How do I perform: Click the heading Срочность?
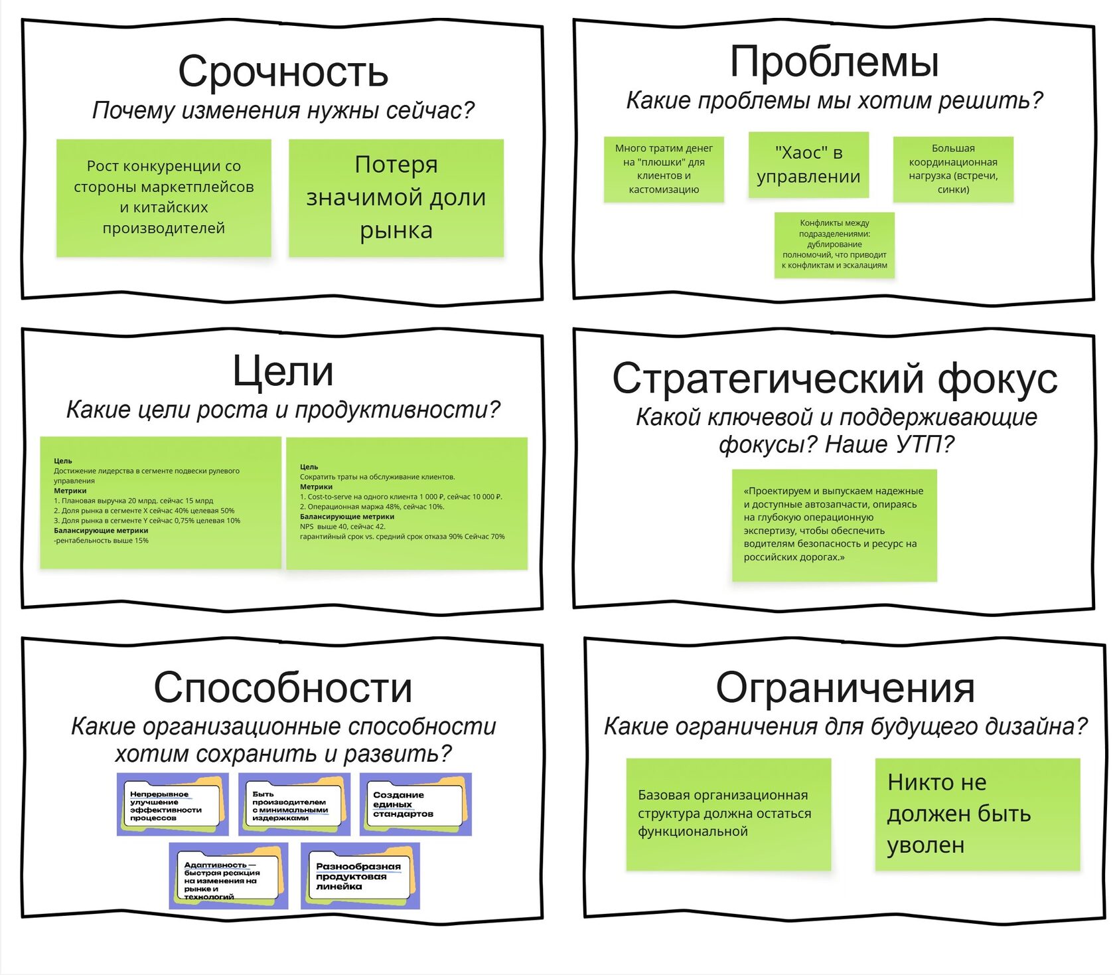coord(283,72)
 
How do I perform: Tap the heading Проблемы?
coord(834,62)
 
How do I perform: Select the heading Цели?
coord(283,371)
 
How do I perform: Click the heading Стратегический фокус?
coord(834,379)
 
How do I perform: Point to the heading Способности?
coord(283,687)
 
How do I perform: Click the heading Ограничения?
coord(845,687)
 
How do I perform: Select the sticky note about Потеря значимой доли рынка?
coord(396,197)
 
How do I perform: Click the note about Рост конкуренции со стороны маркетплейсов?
coord(163,197)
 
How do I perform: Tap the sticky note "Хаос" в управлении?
coord(808,165)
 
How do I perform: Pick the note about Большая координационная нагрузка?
coord(953,169)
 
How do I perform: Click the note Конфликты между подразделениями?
coord(834,244)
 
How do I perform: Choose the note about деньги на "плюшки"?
coord(664,169)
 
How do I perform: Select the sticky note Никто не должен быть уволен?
coord(977,814)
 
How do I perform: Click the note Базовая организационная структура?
coord(728,814)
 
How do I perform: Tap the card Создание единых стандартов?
coord(415,804)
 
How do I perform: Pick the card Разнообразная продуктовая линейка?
coord(360,876)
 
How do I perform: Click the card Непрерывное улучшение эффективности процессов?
coord(173,804)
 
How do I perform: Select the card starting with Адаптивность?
coord(228,876)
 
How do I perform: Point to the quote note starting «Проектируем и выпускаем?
coord(834,525)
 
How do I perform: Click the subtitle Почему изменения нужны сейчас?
coord(283,110)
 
